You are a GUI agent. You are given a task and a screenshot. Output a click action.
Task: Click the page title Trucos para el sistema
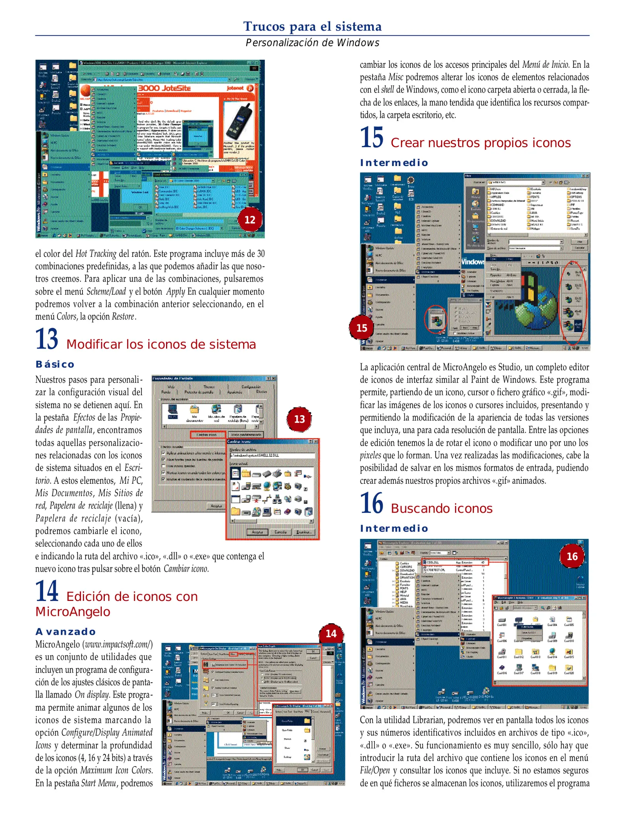click(312, 26)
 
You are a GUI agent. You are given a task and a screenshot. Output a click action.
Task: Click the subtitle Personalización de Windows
click(312, 43)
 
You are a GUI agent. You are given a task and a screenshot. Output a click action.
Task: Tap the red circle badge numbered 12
click(250, 220)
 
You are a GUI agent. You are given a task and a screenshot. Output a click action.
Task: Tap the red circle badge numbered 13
click(299, 419)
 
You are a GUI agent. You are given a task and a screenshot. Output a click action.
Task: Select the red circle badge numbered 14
click(331, 634)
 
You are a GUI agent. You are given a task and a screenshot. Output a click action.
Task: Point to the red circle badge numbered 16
click(572, 557)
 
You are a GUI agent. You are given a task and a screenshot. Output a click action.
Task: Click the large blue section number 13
click(47, 339)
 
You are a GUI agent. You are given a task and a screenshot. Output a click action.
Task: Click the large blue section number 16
click(371, 503)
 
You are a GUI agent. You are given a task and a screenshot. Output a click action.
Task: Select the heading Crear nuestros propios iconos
click(480, 143)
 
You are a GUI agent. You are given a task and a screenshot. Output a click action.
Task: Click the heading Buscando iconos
click(442, 509)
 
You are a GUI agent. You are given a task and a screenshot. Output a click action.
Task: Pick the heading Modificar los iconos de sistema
click(161, 344)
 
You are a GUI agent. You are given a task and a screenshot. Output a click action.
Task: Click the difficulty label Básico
click(55, 364)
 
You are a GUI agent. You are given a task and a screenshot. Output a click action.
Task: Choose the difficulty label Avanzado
click(65, 632)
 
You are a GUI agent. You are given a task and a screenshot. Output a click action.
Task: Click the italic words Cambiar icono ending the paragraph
click(186, 569)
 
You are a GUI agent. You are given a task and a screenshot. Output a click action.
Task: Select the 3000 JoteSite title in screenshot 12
click(165, 88)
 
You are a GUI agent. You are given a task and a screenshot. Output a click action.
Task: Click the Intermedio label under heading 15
click(394, 163)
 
